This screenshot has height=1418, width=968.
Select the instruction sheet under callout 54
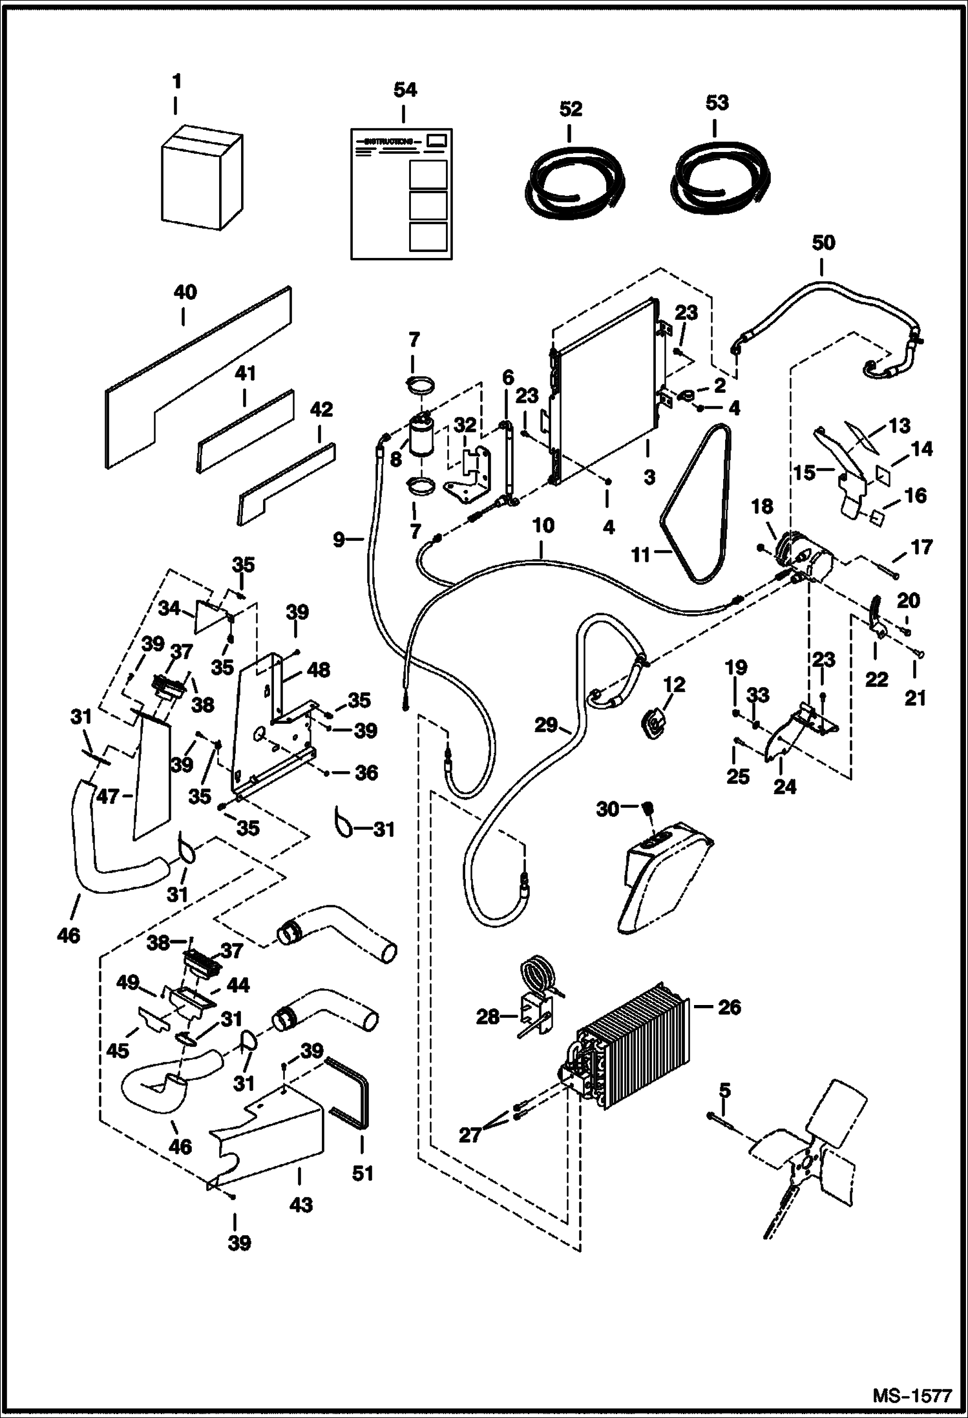click(401, 194)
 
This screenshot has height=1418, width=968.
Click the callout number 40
click(185, 293)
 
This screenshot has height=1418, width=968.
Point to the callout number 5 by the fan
click(725, 1091)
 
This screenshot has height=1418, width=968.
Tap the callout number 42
click(321, 409)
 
